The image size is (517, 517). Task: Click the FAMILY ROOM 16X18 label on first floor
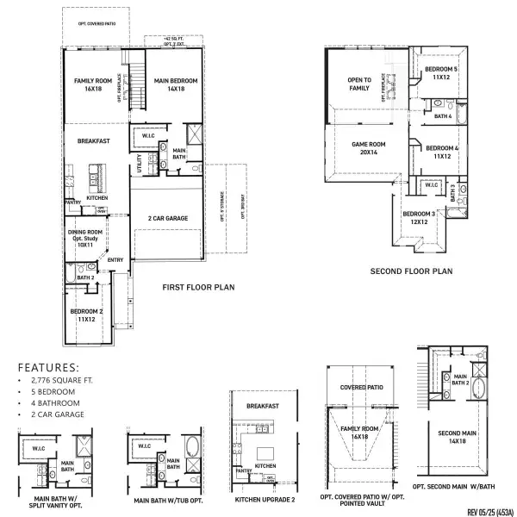(89, 84)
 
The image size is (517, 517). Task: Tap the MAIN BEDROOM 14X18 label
(176, 84)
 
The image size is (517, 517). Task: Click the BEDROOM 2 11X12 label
(86, 315)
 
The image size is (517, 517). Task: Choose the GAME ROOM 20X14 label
(365, 147)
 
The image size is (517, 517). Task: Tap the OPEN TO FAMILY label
(358, 84)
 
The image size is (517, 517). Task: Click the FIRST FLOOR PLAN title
(199, 287)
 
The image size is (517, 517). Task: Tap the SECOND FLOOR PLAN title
(411, 271)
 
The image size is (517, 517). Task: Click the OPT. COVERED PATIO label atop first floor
(97, 24)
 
